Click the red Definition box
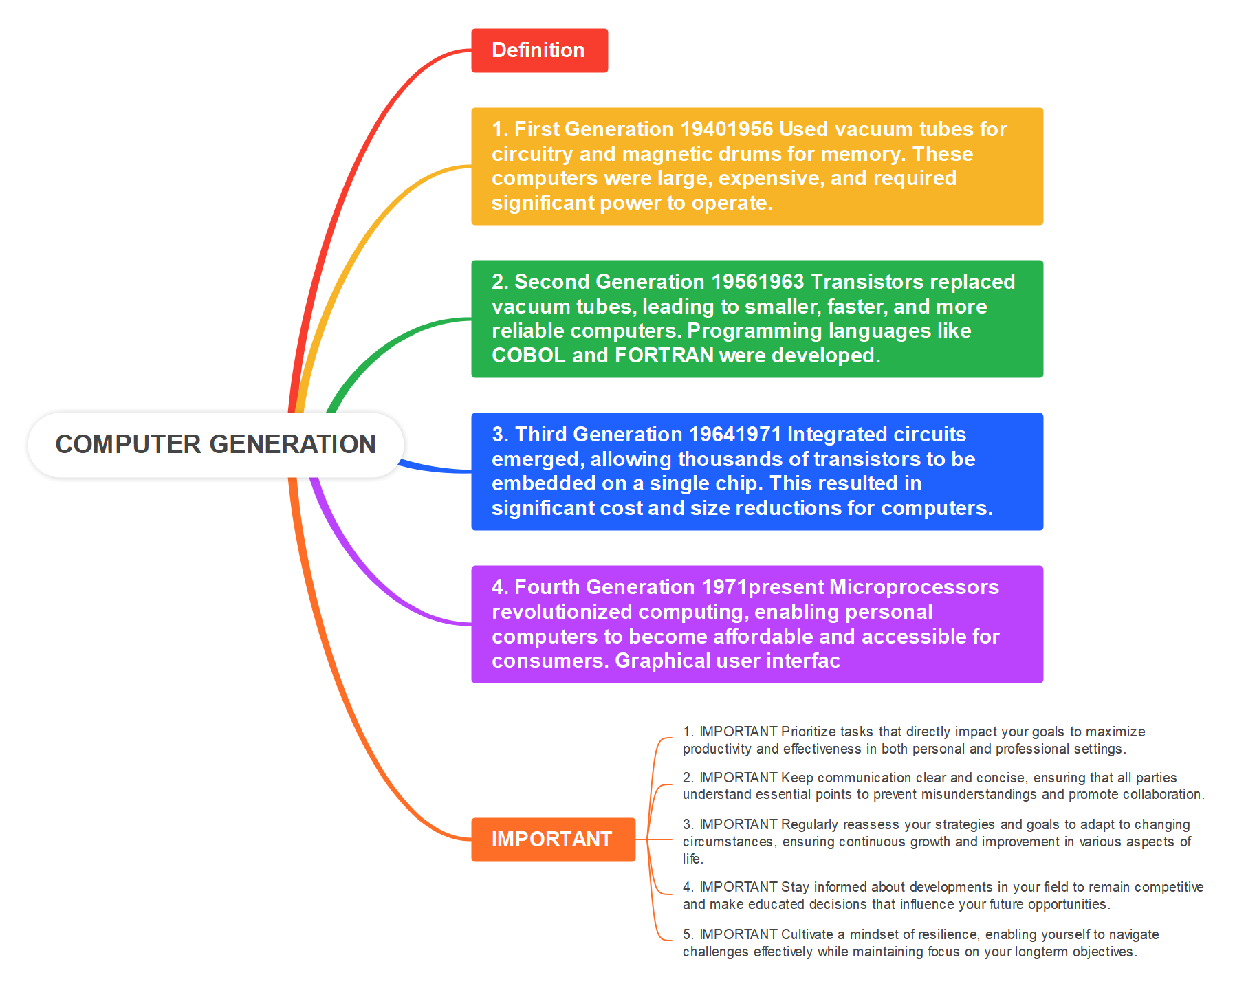[x=539, y=50]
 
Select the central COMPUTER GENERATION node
[x=215, y=444]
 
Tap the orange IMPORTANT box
[x=552, y=839]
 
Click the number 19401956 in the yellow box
[x=727, y=129]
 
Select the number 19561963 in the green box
[x=757, y=282]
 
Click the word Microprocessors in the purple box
[x=914, y=587]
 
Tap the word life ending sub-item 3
[x=691, y=859]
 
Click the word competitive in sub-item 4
[x=1168, y=887]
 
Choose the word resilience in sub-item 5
[x=947, y=934]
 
